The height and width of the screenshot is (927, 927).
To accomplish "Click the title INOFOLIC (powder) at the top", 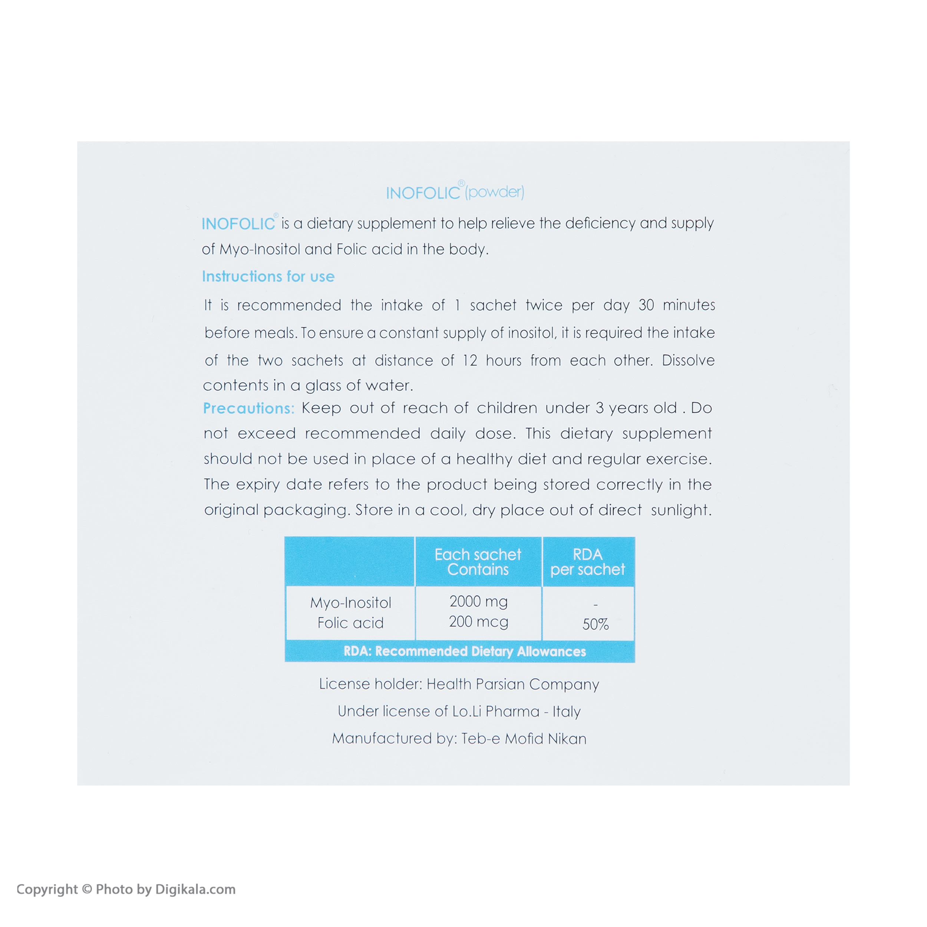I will pyautogui.click(x=455, y=192).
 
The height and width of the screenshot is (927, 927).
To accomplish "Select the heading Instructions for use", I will pyautogui.click(x=268, y=276).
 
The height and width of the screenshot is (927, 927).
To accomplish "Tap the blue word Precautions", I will pyautogui.click(x=248, y=408).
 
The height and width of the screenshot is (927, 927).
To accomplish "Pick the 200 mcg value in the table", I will pyautogui.click(x=478, y=622).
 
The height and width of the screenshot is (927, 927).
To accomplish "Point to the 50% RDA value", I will pyautogui.click(x=596, y=624).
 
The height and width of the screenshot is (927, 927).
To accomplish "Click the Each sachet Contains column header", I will pyautogui.click(x=478, y=562).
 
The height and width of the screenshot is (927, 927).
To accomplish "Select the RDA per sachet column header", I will pyautogui.click(x=588, y=562).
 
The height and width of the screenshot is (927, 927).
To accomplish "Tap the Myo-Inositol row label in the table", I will pyautogui.click(x=351, y=603).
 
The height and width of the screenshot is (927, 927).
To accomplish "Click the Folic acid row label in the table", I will pyautogui.click(x=351, y=623).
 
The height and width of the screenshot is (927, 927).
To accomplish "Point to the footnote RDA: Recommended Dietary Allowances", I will pyautogui.click(x=465, y=651).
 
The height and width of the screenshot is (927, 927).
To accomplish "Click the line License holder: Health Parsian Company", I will pyautogui.click(x=459, y=684).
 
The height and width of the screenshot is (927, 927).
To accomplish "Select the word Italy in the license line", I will pyautogui.click(x=567, y=711).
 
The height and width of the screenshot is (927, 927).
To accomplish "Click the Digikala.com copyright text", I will pyautogui.click(x=126, y=889).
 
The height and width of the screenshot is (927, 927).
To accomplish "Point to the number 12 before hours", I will pyautogui.click(x=470, y=360).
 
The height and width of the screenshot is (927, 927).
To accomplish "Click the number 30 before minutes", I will pyautogui.click(x=646, y=305).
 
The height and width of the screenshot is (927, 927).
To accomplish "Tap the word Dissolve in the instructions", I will pyautogui.click(x=688, y=360).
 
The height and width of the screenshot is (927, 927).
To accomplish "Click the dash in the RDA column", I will pyautogui.click(x=596, y=606).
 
